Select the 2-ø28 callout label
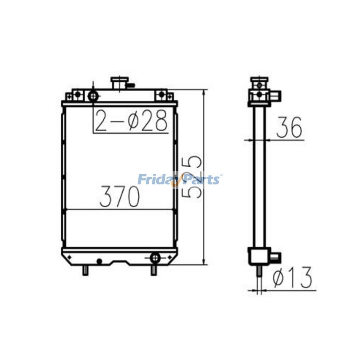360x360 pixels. pyautogui.click(x=131, y=121)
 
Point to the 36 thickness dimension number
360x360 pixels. pyautogui.click(x=289, y=128)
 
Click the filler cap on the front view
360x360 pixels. pyautogui.click(x=118, y=83)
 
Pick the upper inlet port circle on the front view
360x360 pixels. pyautogui.click(x=93, y=96)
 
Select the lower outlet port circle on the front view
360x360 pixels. pyautogui.click(x=155, y=257)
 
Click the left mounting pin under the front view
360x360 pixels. pyautogui.click(x=85, y=271)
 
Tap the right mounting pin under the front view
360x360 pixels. pyautogui.click(x=153, y=271)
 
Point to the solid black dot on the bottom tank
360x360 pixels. pyautogui.click(x=99, y=261)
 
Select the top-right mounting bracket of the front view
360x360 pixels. pyautogui.click(x=162, y=94)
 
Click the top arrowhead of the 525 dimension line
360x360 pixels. pyautogui.click(x=204, y=92)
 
